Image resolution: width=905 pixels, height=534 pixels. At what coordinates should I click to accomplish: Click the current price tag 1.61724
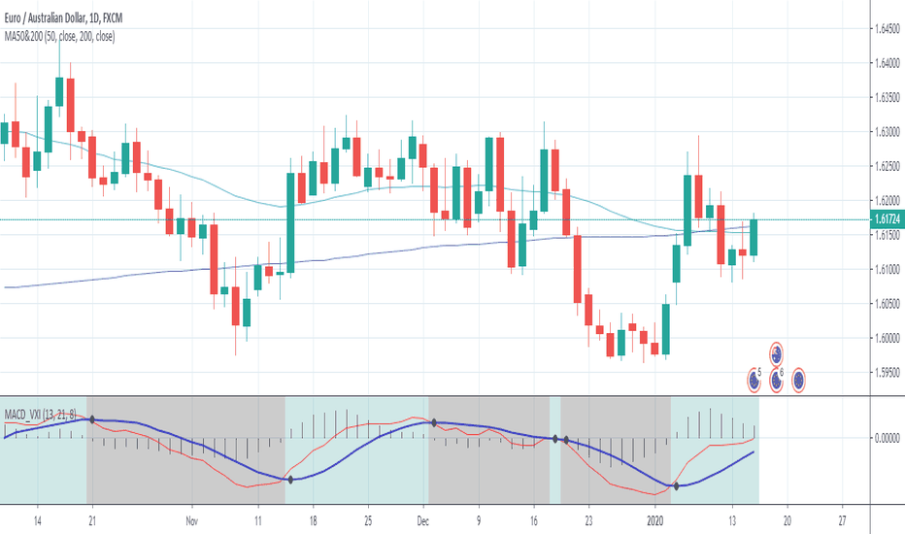coord(885,220)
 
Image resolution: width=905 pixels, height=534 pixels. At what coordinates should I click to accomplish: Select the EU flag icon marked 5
coord(754,379)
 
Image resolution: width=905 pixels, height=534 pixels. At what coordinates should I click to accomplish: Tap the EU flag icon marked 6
coord(777,379)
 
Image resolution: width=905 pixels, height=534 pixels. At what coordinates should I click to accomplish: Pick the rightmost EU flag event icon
coord(799,379)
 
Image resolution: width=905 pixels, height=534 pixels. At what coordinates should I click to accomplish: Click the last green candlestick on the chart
coord(754,238)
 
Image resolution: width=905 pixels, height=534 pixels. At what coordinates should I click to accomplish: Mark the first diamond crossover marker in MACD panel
coord(90,419)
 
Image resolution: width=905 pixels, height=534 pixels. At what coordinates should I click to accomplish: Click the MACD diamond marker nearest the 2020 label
coord(676,485)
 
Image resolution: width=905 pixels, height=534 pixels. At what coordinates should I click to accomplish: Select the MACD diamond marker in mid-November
coord(288,480)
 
